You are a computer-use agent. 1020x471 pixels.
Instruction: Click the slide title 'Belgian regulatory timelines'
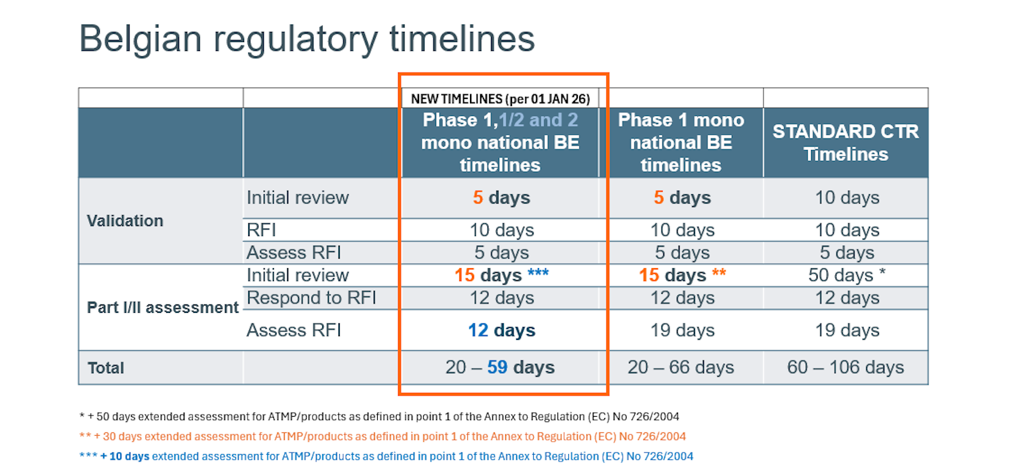pyautogui.click(x=307, y=39)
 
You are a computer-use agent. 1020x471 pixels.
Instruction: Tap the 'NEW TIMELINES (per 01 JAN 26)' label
pyautogui.click(x=501, y=99)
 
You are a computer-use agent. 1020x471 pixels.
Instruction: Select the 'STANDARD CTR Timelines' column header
pyautogui.click(x=846, y=143)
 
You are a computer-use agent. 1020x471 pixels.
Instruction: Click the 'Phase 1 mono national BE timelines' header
pyautogui.click(x=681, y=143)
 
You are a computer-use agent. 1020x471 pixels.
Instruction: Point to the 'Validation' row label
pyautogui.click(x=125, y=221)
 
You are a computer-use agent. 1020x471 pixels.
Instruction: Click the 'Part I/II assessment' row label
pyautogui.click(x=163, y=307)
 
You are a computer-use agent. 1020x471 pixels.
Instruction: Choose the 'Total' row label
pyautogui.click(x=106, y=368)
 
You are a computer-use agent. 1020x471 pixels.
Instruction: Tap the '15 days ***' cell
pyautogui.click(x=501, y=275)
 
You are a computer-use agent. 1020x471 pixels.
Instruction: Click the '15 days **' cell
pyautogui.click(x=682, y=275)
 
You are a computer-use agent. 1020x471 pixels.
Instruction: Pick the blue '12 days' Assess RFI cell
pyautogui.click(x=501, y=331)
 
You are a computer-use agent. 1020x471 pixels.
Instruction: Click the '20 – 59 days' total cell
pyautogui.click(x=500, y=367)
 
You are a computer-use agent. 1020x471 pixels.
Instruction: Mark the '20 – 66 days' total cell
pyautogui.click(x=681, y=367)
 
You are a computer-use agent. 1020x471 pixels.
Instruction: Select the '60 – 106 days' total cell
pyautogui.click(x=846, y=367)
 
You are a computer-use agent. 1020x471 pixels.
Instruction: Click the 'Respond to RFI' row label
pyautogui.click(x=311, y=298)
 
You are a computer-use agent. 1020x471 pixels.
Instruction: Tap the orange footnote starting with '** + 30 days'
pyautogui.click(x=382, y=436)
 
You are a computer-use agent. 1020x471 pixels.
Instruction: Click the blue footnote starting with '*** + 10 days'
pyautogui.click(x=387, y=456)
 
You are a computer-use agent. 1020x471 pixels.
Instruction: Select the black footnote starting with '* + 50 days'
pyautogui.click(x=379, y=416)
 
